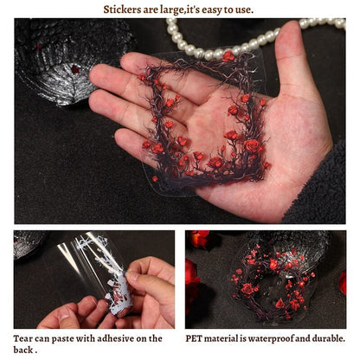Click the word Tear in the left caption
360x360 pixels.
click(22, 338)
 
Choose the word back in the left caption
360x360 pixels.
click(23, 350)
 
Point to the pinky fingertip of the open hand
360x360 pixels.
click(120, 138)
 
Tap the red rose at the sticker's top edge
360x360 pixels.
click(228, 56)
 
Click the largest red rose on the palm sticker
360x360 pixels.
click(252, 146)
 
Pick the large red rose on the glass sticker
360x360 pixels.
click(247, 289)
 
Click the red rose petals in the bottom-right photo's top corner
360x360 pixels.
click(199, 238)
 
